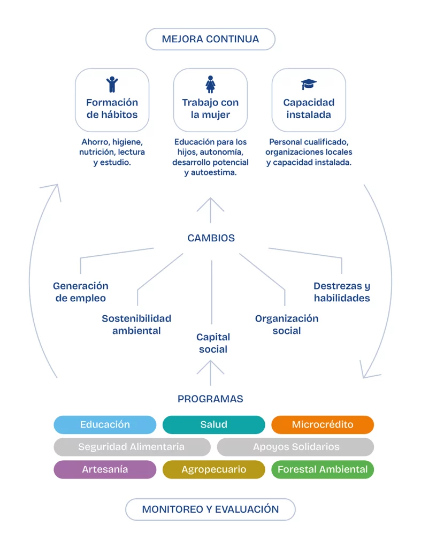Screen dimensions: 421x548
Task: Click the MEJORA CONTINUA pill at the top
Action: (210, 39)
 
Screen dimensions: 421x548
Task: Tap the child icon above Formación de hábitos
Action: (112, 84)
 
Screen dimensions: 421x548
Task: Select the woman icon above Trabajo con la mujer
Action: (210, 84)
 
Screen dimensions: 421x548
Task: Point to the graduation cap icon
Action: (309, 84)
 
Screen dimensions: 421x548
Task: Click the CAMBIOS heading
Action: (211, 238)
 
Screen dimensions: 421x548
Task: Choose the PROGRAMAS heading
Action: (210, 399)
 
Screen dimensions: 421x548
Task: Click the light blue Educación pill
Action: (105, 424)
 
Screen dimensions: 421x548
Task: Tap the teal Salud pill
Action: (214, 424)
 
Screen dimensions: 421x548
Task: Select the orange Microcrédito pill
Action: (323, 424)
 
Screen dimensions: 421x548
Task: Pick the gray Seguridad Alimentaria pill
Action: (132, 447)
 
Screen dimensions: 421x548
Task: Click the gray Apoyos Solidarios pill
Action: (296, 447)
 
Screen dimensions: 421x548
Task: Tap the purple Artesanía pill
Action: (105, 469)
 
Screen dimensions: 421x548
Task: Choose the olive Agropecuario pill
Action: (214, 469)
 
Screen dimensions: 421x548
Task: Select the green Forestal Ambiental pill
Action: (323, 469)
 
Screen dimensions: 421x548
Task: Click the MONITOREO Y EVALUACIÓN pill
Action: (210, 509)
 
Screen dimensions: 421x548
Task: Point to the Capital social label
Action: (213, 343)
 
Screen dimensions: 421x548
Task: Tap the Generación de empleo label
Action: (81, 292)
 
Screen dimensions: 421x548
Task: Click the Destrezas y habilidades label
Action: (342, 292)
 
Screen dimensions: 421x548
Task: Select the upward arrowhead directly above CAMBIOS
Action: (210, 204)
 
